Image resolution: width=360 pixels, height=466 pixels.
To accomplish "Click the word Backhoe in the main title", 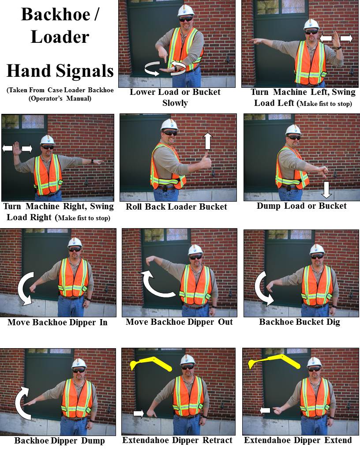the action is point(56,15).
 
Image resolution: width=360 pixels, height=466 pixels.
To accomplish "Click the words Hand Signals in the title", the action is point(60,71).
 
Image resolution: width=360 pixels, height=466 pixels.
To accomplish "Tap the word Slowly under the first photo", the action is point(175,103).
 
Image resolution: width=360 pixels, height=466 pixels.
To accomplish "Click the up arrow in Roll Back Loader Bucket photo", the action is point(208,141).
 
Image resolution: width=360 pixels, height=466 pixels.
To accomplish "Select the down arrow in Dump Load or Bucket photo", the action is point(326,190).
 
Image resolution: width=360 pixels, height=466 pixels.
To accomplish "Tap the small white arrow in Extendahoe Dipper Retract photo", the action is point(139,413).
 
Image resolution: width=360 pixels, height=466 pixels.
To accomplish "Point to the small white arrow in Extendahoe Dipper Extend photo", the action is point(265,410).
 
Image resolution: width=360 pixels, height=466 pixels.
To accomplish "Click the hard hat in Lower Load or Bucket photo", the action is point(186,10).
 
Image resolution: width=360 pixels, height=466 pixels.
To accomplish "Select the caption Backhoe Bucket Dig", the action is point(300,322).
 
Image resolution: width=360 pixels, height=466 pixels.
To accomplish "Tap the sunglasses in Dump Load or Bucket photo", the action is point(294,138).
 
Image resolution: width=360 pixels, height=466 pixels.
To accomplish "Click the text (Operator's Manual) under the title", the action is point(60,98).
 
